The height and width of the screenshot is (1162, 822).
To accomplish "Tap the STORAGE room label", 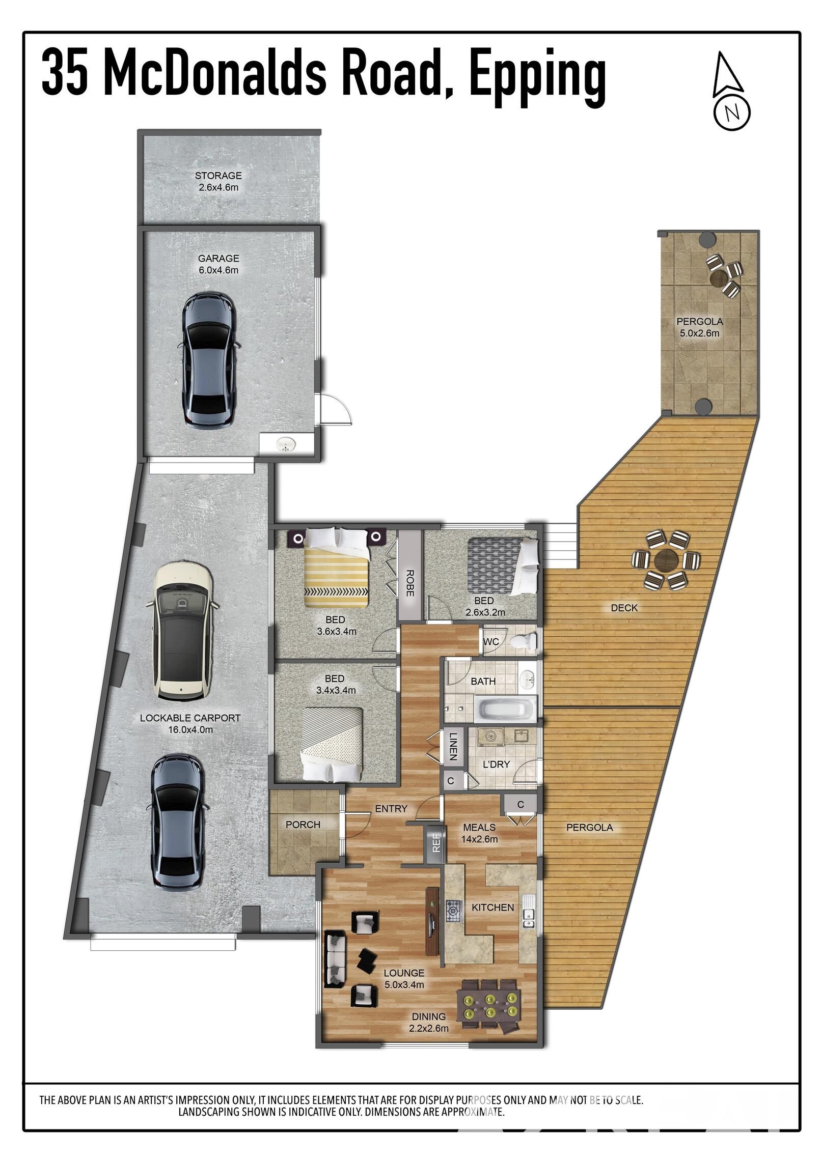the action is pyautogui.click(x=218, y=176).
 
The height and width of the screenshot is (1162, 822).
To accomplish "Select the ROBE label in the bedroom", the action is pyautogui.click(x=409, y=582).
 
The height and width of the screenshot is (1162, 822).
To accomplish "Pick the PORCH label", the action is pyautogui.click(x=303, y=824).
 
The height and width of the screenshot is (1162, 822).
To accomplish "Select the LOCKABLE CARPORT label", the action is pyautogui.click(x=190, y=718).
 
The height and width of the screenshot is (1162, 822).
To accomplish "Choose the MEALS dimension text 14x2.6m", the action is pyautogui.click(x=479, y=839).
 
